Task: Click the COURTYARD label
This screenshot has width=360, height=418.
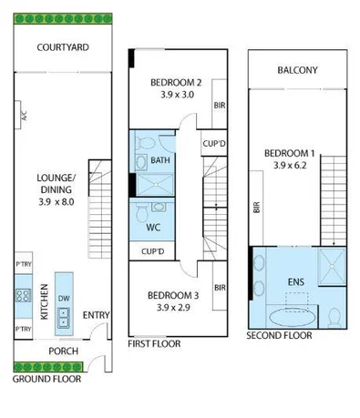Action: pos(61,48)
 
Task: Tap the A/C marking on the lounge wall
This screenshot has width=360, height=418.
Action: pos(25,116)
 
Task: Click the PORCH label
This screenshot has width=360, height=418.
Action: pos(63,352)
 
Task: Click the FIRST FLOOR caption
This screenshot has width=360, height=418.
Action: pos(153,344)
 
